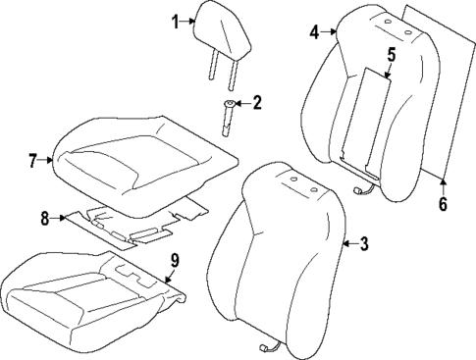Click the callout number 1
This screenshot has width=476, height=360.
(176, 21)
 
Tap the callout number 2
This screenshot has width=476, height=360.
(257, 102)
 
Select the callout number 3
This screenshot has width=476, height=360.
(364, 245)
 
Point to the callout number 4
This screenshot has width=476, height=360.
(315, 32)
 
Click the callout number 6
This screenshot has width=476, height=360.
(443, 205)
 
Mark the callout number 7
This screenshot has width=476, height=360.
(32, 158)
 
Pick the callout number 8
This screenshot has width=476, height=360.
(44, 220)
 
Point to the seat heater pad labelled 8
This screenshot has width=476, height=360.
(137, 224)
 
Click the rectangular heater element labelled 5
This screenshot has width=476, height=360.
(365, 113)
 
